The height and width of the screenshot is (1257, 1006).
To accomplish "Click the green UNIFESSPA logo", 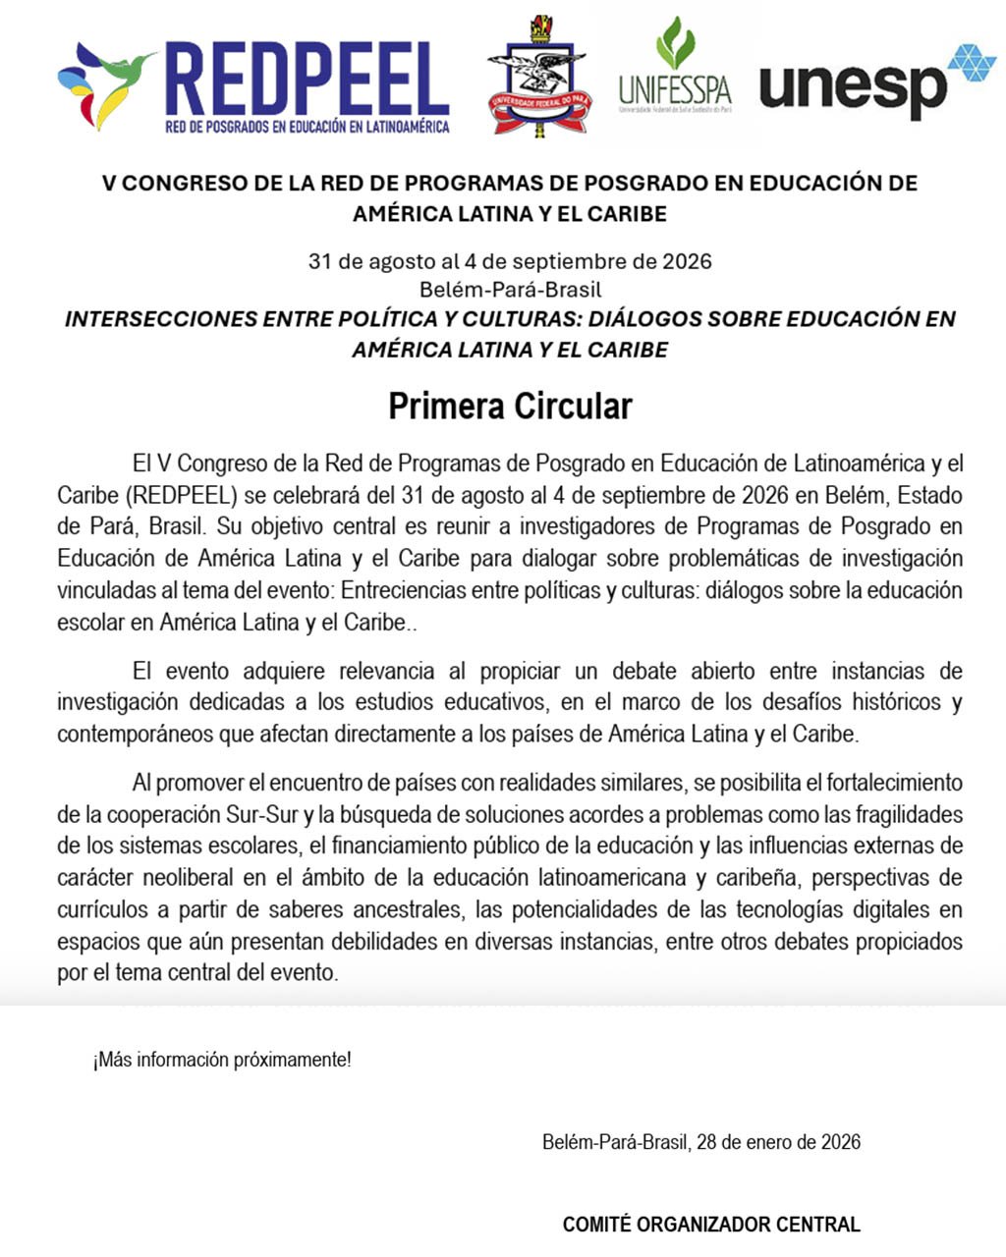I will (675, 67).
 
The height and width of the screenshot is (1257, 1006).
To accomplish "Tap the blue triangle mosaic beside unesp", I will (972, 65).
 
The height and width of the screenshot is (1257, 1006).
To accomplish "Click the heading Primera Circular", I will (510, 407).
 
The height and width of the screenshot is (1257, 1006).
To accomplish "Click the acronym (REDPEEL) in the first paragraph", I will (181, 495).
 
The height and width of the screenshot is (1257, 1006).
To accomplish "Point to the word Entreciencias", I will (404, 590).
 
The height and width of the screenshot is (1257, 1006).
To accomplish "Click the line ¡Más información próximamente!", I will (222, 1061).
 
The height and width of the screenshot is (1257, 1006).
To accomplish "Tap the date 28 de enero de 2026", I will (778, 1142).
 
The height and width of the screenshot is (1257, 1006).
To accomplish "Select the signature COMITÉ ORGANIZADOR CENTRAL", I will (711, 1225).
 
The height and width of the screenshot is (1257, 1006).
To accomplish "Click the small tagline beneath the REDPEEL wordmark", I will (307, 127).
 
